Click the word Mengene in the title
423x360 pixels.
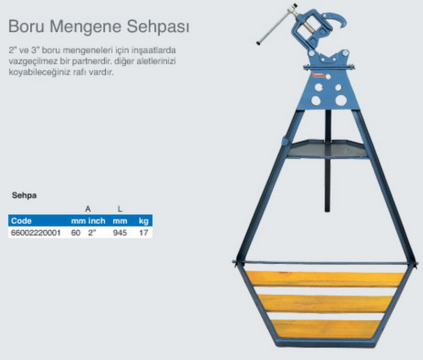[x=86, y=27]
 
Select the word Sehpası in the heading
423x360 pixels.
[x=158, y=27]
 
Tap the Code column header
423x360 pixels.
[x=21, y=221]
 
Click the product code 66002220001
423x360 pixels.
[x=35, y=232]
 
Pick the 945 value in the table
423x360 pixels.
[x=120, y=232]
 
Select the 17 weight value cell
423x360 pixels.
[x=143, y=232]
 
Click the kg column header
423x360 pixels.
[x=143, y=221]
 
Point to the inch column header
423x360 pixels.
[x=97, y=221]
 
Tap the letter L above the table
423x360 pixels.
[x=120, y=209]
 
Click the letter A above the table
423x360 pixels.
[x=88, y=209]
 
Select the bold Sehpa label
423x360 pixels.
[x=25, y=195]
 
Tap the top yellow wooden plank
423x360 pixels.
[x=325, y=279]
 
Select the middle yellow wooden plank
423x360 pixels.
[x=325, y=304]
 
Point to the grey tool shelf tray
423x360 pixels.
[x=327, y=149]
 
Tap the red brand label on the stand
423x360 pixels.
[x=318, y=75]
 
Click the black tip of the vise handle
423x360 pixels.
[x=258, y=43]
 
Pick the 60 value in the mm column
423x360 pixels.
[x=76, y=232]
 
